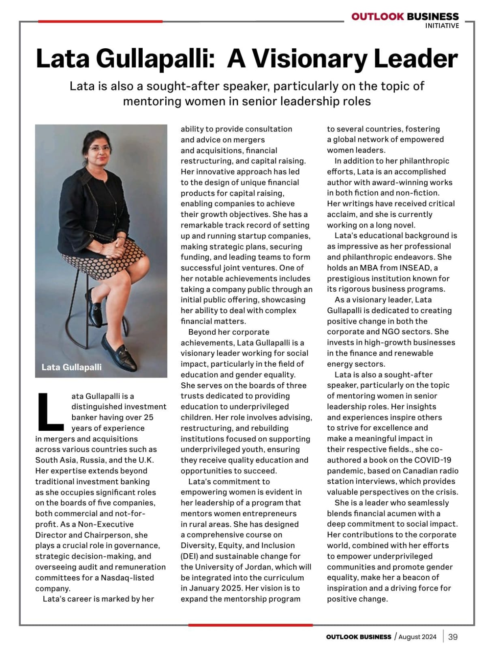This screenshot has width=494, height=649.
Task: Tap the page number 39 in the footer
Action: pos(453,637)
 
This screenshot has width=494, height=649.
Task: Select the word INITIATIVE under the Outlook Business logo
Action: pos(442,26)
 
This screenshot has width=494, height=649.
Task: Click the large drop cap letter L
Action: pos(50,411)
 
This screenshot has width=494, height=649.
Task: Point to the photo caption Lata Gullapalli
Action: pos(71,367)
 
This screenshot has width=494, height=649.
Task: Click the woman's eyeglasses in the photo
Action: pos(100,148)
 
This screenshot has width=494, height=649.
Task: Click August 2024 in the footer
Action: pos(417,637)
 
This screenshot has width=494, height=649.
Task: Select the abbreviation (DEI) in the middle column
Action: pos(190,556)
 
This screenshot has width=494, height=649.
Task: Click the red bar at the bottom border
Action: pos(250,625)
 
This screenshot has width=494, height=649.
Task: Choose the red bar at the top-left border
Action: pos(100,21)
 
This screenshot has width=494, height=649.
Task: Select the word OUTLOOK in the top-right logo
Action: pos(377,17)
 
